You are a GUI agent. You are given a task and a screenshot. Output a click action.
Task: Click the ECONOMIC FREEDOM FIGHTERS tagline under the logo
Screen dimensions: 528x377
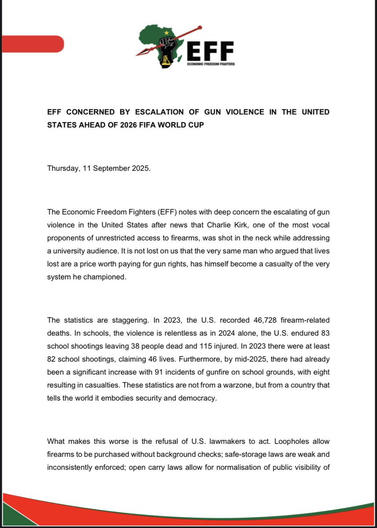[x=210, y=64]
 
